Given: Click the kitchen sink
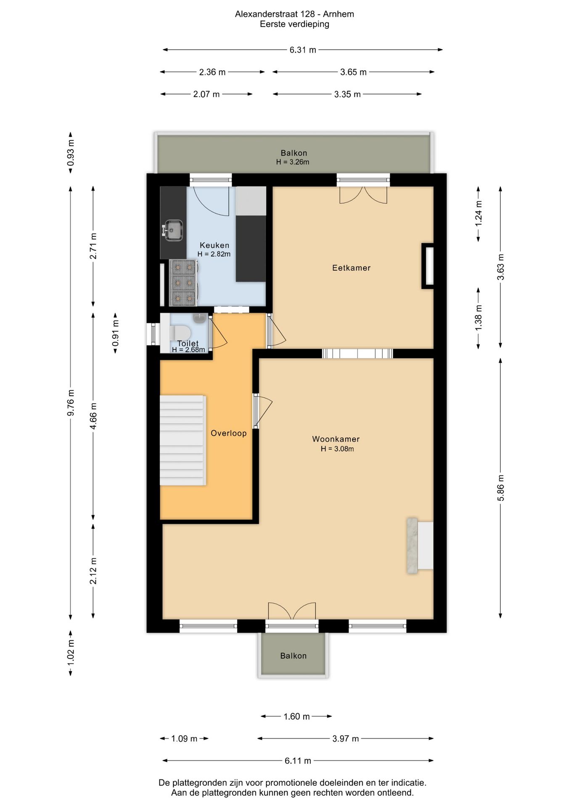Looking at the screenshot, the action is click(x=173, y=230).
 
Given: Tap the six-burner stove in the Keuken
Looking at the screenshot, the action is click(x=183, y=282).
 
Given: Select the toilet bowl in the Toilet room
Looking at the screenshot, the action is click(x=179, y=332).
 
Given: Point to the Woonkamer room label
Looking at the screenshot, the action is click(x=336, y=439).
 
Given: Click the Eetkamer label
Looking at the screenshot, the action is click(x=351, y=268).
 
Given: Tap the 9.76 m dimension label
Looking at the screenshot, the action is click(x=71, y=403).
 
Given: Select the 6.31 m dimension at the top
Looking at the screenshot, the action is click(x=303, y=50).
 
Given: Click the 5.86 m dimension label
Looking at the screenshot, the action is click(x=500, y=488).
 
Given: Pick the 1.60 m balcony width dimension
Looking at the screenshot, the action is click(x=296, y=716).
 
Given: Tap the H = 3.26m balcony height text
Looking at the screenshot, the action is click(x=293, y=162).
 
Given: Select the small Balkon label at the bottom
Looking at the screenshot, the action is click(x=293, y=656).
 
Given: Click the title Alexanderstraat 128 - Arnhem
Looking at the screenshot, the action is click(x=294, y=14).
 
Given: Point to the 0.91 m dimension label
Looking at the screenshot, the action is click(x=115, y=333).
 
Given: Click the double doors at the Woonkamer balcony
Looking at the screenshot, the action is click(x=292, y=611).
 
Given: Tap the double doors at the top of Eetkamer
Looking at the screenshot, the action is click(x=363, y=195).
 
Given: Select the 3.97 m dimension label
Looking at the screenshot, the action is click(x=346, y=739).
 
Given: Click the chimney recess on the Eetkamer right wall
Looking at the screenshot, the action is click(x=428, y=266).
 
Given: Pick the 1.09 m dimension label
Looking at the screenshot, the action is click(x=184, y=739).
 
